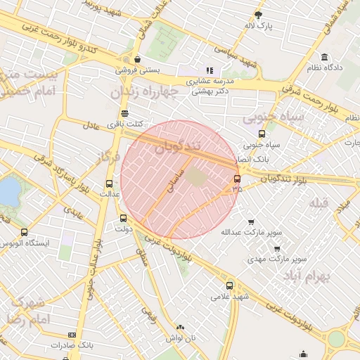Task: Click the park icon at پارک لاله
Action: point(258,15)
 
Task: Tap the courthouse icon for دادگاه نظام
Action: point(324,57)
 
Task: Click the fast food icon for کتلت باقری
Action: point(124,113)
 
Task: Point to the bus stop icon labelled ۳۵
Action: point(237,179)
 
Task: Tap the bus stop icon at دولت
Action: point(124,219)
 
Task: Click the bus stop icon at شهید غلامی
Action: point(230,285)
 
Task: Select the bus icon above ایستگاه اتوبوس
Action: point(25,232)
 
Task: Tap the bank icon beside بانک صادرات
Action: point(71,335)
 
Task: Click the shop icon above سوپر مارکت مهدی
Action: point(277,247)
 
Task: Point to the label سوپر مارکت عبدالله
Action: point(251,231)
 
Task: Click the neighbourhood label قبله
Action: point(319,203)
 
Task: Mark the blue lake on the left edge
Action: point(8,191)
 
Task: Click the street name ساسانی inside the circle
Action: point(173,181)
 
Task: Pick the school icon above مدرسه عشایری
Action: point(209,70)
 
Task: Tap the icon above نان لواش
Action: point(180,327)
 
